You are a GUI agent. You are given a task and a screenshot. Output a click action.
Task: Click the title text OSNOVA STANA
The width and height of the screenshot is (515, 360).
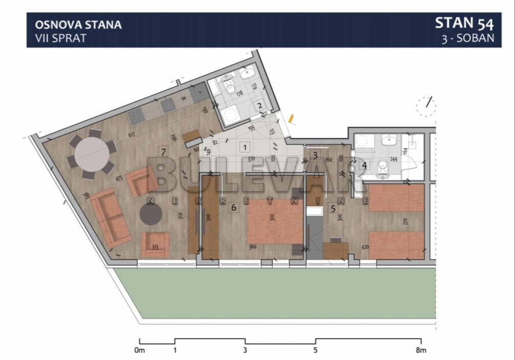[78, 25]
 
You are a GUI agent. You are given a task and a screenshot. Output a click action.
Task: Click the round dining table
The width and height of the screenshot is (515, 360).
[92, 154]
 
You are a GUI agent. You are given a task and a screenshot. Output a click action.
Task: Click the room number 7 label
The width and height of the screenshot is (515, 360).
[163, 151]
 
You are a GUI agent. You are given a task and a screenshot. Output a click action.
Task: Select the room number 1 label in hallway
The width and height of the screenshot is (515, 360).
[245, 148]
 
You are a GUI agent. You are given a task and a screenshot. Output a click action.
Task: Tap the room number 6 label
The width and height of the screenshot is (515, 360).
[234, 208]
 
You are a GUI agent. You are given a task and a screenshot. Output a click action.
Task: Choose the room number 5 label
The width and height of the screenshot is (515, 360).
[333, 208]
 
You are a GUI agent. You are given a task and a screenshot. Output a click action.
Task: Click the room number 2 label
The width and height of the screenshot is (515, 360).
[260, 106]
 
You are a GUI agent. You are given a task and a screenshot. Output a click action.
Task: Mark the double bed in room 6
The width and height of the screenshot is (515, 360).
[275, 221]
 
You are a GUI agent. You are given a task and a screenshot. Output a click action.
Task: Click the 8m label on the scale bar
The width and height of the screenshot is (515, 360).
[421, 351]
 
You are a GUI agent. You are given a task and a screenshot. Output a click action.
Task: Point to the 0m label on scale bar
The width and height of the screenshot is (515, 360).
[140, 351]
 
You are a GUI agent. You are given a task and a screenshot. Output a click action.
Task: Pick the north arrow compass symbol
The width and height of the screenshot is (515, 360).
[426, 106]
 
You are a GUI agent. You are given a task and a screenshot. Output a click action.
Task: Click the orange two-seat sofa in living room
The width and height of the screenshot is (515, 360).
[109, 216]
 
